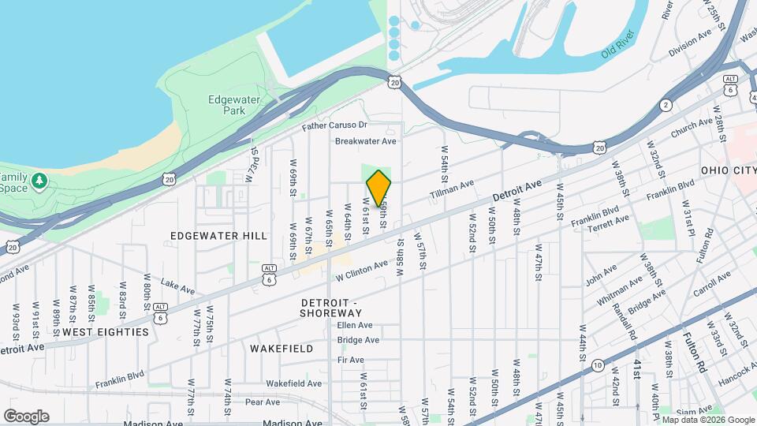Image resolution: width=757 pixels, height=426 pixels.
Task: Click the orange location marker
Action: pyautogui.click(x=378, y=188)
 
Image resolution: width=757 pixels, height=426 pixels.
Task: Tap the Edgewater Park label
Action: pyautogui.click(x=226, y=105)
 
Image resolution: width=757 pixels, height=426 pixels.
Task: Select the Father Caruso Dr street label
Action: pyautogui.click(x=335, y=125)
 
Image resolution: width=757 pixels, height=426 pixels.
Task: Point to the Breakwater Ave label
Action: pyautogui.click(x=365, y=141)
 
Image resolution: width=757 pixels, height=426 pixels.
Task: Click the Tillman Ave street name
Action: pyautogui.click(x=452, y=189)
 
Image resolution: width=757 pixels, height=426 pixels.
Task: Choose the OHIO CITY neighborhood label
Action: pyautogui.click(x=728, y=170)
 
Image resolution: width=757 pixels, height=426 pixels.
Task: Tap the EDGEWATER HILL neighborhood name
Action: pyautogui.click(x=207, y=236)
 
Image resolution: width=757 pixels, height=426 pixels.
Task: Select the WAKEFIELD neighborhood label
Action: pyautogui.click(x=282, y=348)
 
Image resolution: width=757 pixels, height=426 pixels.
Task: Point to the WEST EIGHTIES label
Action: pyautogui.click(x=105, y=332)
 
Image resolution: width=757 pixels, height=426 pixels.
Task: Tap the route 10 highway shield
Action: pyautogui.click(x=599, y=364)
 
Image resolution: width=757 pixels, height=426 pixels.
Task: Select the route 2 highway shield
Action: pyautogui.click(x=666, y=105)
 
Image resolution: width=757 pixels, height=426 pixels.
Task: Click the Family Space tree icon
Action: pyautogui.click(x=39, y=182)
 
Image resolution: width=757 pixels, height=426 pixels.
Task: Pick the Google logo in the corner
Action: pyautogui.click(x=26, y=416)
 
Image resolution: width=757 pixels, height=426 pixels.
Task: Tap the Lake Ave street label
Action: pyautogui.click(x=177, y=285)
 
